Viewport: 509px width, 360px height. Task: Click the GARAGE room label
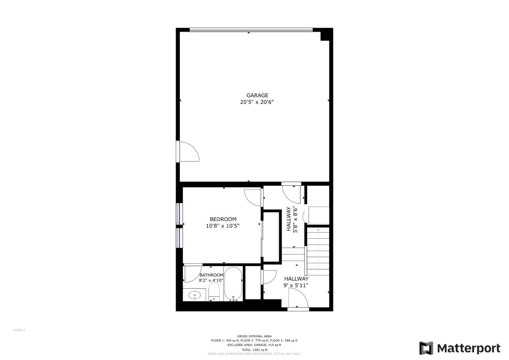257,95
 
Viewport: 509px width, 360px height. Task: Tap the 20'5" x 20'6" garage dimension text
257,102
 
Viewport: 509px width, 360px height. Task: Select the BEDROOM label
223,219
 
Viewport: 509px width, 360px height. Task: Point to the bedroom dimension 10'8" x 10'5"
223,226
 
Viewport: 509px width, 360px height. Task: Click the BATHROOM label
211,275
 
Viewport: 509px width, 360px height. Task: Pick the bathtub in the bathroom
233,284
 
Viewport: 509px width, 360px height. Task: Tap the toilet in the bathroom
214,292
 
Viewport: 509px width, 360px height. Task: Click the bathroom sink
194,295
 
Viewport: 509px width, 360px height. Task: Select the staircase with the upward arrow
318,252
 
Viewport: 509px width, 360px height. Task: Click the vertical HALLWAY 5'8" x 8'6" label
292,219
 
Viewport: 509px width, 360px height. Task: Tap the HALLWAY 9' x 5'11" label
296,282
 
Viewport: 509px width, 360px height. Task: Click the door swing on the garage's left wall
189,152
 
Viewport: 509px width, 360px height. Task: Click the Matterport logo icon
426,348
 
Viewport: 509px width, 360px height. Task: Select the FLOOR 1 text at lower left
19,330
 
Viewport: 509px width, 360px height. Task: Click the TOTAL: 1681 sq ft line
254,350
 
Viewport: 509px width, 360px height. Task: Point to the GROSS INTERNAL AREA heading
254,336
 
